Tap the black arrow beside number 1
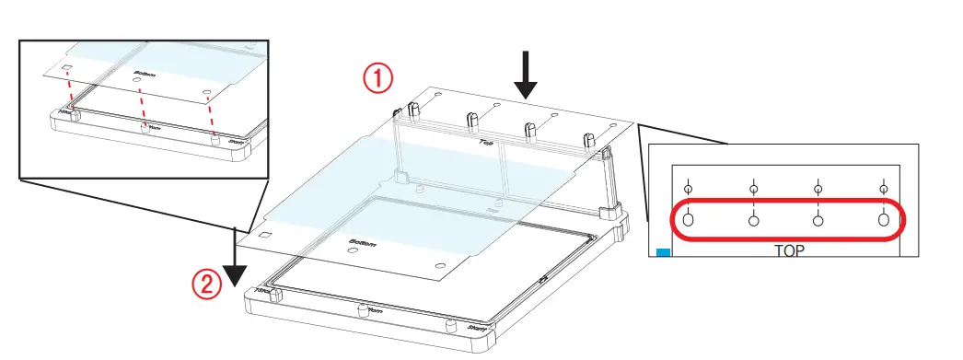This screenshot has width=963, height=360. click(526, 75)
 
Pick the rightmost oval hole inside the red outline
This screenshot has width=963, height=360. click(883, 220)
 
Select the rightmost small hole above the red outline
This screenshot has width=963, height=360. click(883, 190)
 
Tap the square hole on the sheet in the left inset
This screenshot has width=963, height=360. click(67, 68)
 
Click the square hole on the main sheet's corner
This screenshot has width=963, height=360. click(265, 235)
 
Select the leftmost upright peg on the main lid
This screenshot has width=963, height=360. click(412, 110)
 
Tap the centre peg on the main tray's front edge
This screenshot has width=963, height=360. click(362, 307)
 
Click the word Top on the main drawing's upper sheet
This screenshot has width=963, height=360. click(484, 143)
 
